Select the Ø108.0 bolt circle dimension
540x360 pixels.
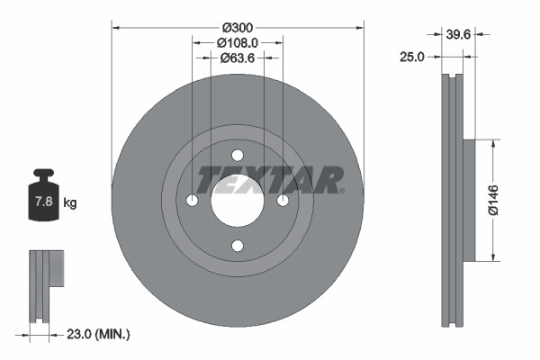pyautogui.click(x=238, y=42)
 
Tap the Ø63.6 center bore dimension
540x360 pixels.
pyautogui.click(x=238, y=58)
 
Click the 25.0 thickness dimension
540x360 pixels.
pyautogui.click(x=411, y=57)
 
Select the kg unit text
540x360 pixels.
pyautogui.click(x=69, y=203)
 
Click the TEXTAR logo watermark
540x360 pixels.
pyautogui.click(x=270, y=179)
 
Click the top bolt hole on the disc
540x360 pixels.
pyautogui.click(x=237, y=155)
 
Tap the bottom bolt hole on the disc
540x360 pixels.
pyautogui.click(x=237, y=245)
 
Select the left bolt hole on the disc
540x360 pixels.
pyautogui.click(x=193, y=200)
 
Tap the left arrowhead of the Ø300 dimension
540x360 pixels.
pyautogui.click(x=115, y=28)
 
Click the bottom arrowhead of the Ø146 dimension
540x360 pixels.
pyautogui.click(x=492, y=257)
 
